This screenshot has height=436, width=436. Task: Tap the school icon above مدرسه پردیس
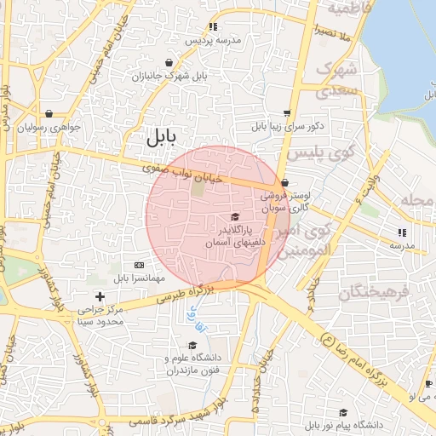213,27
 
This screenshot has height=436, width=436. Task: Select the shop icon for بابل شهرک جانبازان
169,62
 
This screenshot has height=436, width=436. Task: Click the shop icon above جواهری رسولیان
49,113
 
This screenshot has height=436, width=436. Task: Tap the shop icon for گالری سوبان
284,182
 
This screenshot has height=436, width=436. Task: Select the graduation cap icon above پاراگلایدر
235,217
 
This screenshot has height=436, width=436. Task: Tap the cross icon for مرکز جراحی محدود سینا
100,297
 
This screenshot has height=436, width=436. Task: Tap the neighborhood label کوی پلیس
317,154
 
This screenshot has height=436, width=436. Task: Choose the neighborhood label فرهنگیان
375,293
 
